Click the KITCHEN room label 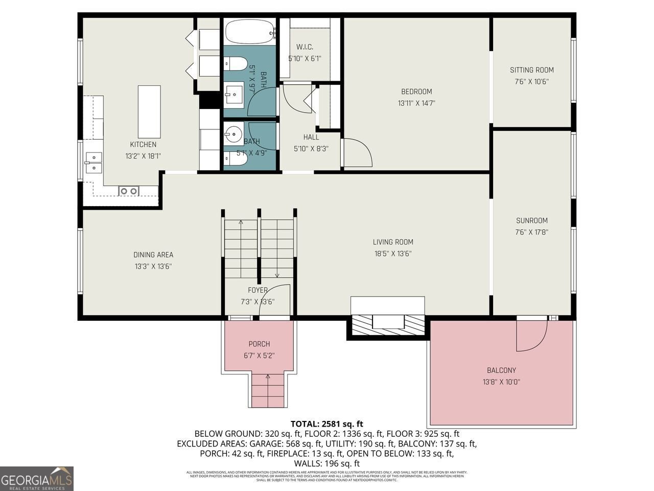(x=143, y=145)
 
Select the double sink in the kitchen (x=94, y=162)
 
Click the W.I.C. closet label (x=305, y=48)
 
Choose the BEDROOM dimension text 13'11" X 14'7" (x=416, y=103)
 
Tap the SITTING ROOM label (x=531, y=70)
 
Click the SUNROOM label (x=531, y=221)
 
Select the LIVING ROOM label (x=392, y=242)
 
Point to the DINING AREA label (x=153, y=255)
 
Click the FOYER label (x=258, y=290)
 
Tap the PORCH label (x=259, y=344)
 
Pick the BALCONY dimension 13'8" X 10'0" (x=501, y=382)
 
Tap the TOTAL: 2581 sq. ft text (x=326, y=423)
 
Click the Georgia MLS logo (x=37, y=479)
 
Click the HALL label (x=311, y=137)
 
